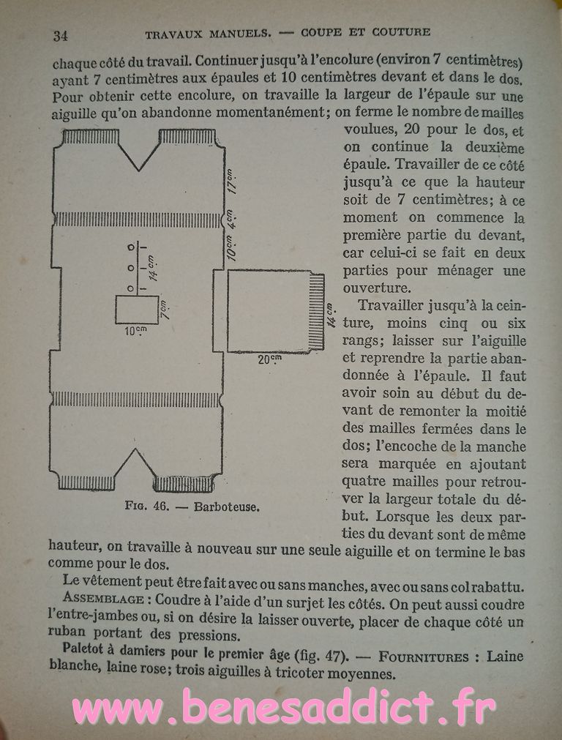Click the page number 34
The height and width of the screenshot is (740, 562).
click(x=60, y=34)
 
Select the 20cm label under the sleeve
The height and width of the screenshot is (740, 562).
click(x=270, y=359)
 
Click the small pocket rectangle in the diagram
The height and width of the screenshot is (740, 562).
click(x=137, y=310)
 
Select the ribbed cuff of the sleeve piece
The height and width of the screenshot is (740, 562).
click(x=316, y=311)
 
